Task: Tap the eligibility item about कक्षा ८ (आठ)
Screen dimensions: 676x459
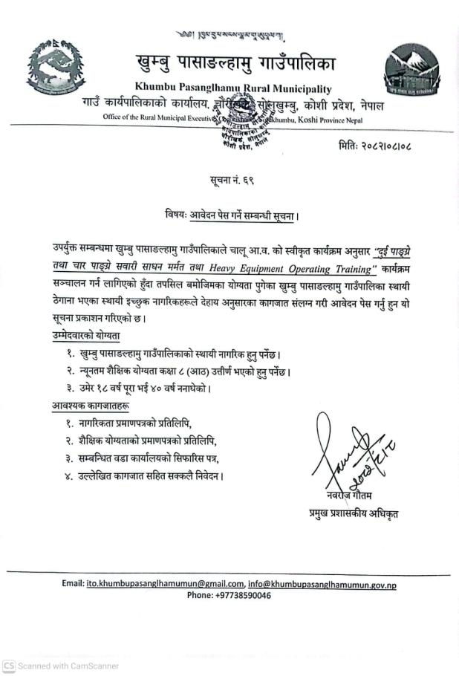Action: point(186,371)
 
